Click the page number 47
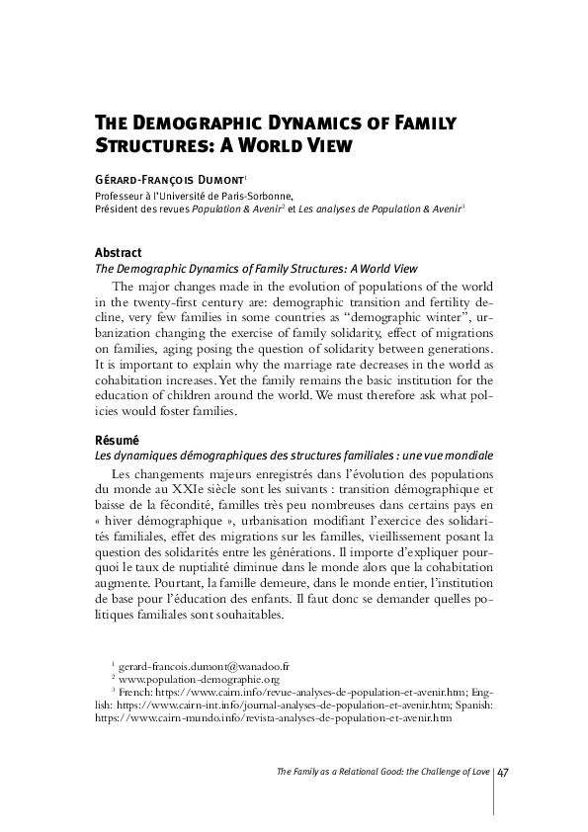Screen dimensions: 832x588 click(x=503, y=771)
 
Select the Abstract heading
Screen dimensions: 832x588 click(x=117, y=253)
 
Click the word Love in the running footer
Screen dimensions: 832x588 click(x=477, y=771)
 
